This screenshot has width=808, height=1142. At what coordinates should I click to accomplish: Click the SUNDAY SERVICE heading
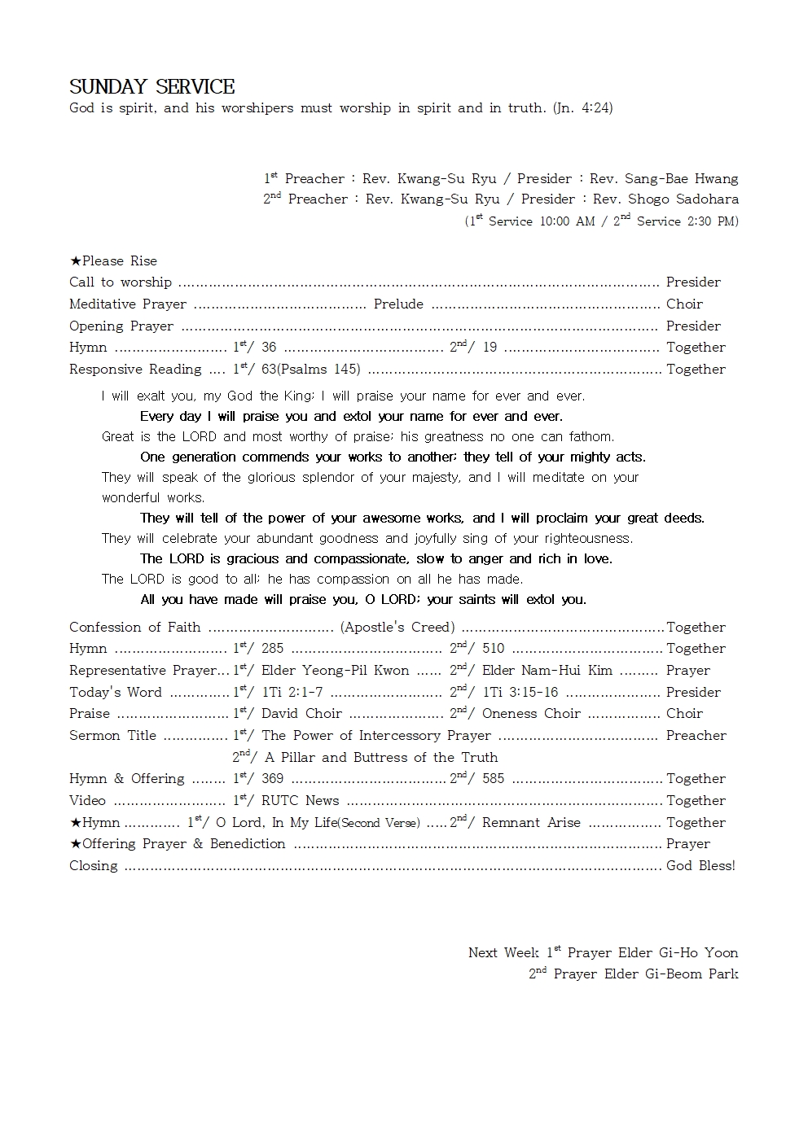pos(152,87)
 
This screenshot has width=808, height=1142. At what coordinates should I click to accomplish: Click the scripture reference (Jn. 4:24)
pos(582,107)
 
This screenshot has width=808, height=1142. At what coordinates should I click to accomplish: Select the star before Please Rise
pos(75,261)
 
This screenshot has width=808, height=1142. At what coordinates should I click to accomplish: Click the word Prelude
pos(398,304)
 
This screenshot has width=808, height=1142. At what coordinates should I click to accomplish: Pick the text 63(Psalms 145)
pos(310,370)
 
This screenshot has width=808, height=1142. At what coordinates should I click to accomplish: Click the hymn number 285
pos(272,649)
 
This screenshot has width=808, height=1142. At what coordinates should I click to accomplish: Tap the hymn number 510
pos(493,649)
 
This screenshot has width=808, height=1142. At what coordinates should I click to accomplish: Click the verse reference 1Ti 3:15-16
pos(520,693)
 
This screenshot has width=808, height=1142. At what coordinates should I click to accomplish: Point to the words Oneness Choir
pos(531,714)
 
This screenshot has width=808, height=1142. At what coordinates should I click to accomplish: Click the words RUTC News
pos(300,801)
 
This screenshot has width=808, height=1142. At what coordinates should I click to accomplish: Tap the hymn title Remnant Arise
pos(531,823)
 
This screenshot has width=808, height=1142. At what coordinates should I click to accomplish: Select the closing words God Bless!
pos(700,866)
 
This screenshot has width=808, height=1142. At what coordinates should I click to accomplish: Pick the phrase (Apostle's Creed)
pos(397,628)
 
